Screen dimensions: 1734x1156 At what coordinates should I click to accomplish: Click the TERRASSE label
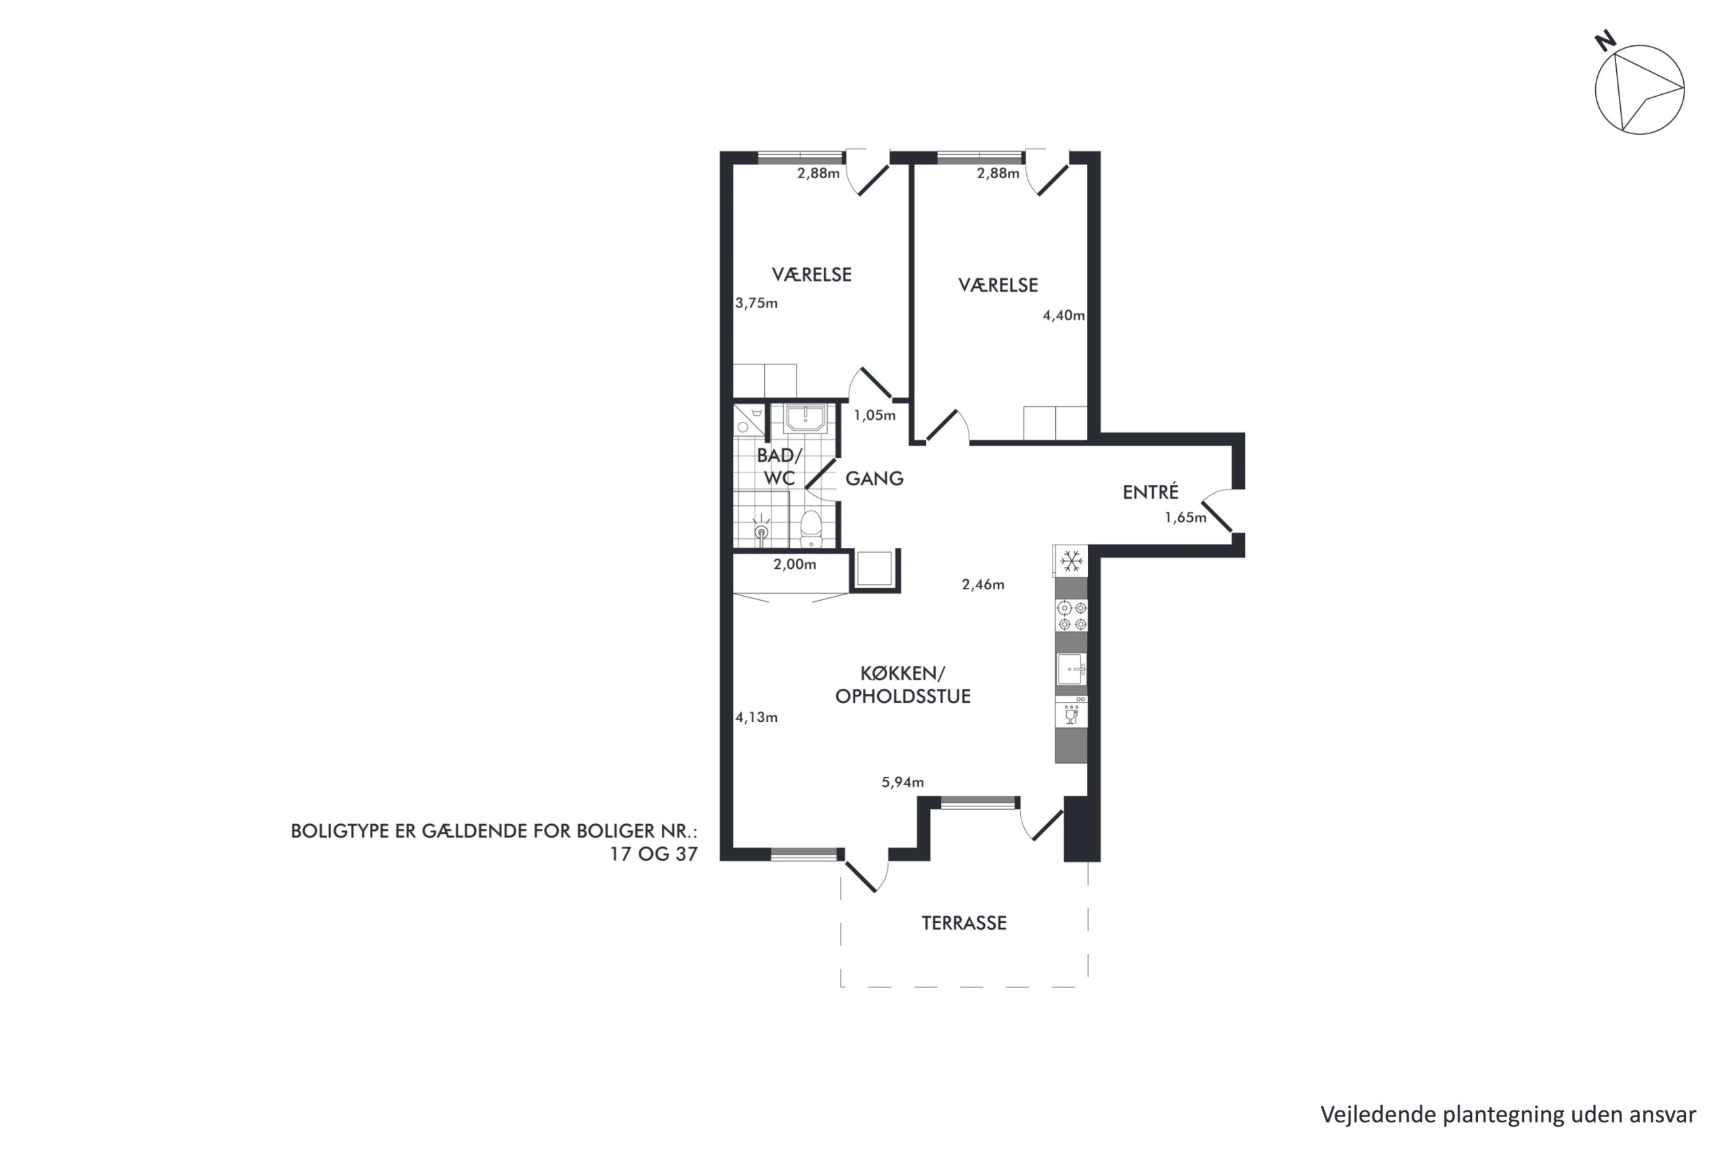tap(964, 923)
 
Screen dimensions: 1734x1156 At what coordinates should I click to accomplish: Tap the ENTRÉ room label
tap(1150, 492)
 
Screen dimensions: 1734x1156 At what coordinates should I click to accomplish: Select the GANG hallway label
tap(874, 479)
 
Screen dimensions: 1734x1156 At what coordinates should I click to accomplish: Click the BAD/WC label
tap(779, 467)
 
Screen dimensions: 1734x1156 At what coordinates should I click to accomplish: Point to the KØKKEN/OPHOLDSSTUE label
tap(902, 685)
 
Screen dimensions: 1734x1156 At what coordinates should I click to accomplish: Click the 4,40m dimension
tap(1063, 316)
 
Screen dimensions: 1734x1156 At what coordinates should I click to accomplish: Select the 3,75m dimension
tap(757, 303)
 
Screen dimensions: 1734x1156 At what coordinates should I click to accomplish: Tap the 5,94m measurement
tap(902, 782)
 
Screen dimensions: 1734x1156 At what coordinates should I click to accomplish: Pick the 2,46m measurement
tap(983, 584)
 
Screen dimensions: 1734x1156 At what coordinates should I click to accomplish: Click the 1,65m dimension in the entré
tap(1185, 517)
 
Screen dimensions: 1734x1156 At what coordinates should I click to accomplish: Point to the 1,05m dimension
tap(874, 415)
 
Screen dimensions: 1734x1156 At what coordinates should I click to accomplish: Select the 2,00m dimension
tap(795, 565)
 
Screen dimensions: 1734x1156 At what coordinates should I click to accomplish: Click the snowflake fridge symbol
tap(1071, 561)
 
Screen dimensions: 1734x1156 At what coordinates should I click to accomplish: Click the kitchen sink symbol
tap(1071, 669)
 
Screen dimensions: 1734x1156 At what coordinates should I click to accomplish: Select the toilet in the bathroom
tap(811, 529)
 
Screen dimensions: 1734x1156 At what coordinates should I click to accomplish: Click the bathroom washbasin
tap(805, 418)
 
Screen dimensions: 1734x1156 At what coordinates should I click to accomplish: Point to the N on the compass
tap(1606, 41)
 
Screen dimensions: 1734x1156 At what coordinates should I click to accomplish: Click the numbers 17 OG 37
tap(653, 854)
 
